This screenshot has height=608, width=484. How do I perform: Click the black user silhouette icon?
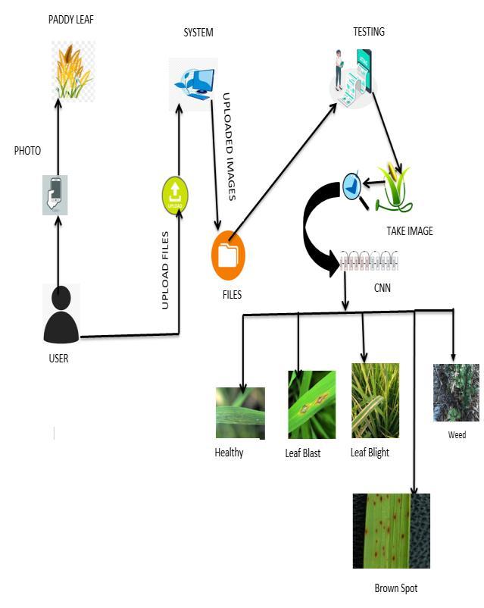point(61,316)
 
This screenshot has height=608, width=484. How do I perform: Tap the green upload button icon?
point(174,195)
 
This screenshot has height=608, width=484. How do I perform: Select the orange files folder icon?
point(228,255)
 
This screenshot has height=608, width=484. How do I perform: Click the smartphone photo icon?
point(55,195)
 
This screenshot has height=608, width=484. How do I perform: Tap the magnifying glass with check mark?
point(353,186)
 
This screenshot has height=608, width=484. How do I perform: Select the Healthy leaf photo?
point(240,413)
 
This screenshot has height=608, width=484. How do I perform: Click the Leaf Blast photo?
point(311,404)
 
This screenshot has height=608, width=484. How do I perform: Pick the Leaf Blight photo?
point(375,400)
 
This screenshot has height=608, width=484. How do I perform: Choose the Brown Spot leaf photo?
point(391,531)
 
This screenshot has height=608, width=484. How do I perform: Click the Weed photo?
point(456,393)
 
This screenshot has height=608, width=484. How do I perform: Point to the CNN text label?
point(383,288)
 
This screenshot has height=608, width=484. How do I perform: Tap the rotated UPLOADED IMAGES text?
point(229,146)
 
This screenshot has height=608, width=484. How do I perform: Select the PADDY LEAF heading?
point(70,20)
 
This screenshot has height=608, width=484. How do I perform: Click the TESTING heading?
point(369,32)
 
